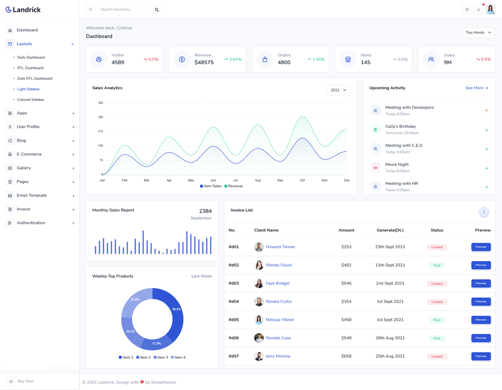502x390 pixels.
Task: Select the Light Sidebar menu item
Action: pyautogui.click(x=28, y=89)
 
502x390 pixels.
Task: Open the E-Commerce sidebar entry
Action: pyautogui.click(x=29, y=155)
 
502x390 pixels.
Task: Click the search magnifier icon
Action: pyautogui.click(x=157, y=9)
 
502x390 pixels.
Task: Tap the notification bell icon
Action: pyautogui.click(x=479, y=9)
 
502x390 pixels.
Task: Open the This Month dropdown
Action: pyautogui.click(x=478, y=32)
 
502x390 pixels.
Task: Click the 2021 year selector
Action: pyautogui.click(x=338, y=90)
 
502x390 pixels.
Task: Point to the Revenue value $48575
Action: pyautogui.click(x=204, y=62)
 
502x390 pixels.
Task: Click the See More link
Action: pyautogui.click(x=476, y=88)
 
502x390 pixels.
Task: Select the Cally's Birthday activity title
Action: pyautogui.click(x=400, y=127)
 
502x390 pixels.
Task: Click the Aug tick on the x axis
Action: pyautogui.click(x=258, y=180)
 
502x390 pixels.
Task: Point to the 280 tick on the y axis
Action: pyautogui.click(x=100, y=117)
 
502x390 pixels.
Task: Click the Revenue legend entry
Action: pyautogui.click(x=234, y=186)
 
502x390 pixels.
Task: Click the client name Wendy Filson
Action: pyautogui.click(x=279, y=265)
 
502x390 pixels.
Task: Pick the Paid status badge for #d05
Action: pyautogui.click(x=437, y=320)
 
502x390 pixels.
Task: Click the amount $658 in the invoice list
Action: pyautogui.click(x=346, y=356)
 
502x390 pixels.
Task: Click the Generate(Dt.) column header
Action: pyautogui.click(x=390, y=230)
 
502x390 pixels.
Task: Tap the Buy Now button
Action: pyautogui.click(x=25, y=381)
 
